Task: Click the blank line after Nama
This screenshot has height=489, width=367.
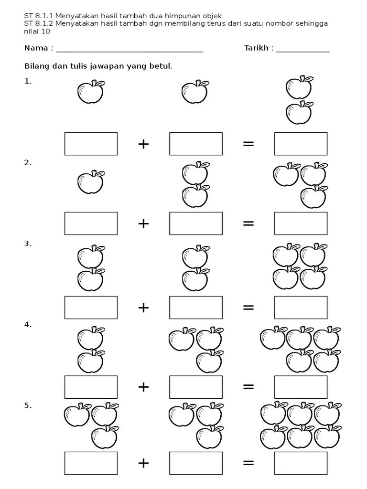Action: point(129,50)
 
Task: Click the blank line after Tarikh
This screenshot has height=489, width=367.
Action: point(302,50)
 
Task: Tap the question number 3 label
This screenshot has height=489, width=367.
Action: point(28,244)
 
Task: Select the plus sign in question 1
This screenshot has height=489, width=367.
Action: point(143,144)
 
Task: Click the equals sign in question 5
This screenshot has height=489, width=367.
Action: point(248,463)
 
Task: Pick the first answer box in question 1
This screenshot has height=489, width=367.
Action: point(91,144)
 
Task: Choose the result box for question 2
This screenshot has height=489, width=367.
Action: point(301,223)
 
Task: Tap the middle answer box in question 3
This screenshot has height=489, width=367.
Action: point(196,308)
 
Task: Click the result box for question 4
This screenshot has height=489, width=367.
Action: point(301,387)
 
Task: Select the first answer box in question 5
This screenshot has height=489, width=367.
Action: point(91,463)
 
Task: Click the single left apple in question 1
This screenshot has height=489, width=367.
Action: point(91,92)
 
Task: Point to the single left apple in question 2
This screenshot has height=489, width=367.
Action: point(91,182)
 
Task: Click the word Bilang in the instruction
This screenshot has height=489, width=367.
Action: point(36,66)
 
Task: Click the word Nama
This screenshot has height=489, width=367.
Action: point(36,48)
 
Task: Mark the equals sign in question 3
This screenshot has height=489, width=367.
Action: point(248,308)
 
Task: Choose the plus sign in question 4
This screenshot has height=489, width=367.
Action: point(143,387)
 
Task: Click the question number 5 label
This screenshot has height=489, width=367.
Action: point(28,406)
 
